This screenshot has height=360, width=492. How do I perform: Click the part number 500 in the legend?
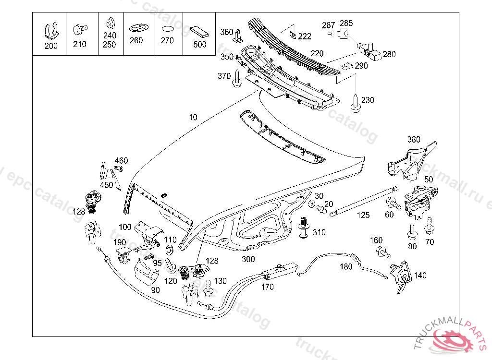point(199,45)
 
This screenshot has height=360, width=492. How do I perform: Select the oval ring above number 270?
point(167,29)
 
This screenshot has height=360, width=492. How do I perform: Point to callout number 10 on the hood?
point(193,118)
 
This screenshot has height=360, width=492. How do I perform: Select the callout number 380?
point(414,140)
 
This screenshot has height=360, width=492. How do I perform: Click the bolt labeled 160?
point(383,251)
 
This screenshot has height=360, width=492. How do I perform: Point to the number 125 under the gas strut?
point(363,215)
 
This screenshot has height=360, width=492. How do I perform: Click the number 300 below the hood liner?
point(248,259)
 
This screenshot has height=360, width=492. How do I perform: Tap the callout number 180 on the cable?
point(346,267)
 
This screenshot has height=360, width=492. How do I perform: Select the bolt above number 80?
point(412,232)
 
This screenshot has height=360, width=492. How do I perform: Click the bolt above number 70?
point(429,224)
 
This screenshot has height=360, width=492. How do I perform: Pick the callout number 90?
point(155,290)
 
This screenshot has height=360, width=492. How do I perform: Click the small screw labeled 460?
point(119,168)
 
